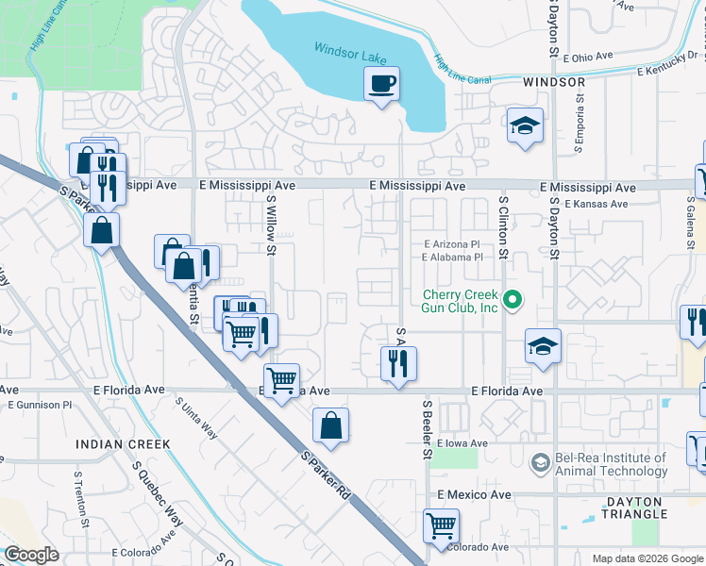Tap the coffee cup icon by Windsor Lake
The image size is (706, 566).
[x=382, y=84]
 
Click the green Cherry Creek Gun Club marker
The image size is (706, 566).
[x=513, y=301]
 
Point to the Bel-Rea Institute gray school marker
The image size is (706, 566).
[x=539, y=462]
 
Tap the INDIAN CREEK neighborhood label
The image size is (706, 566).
[x=124, y=443]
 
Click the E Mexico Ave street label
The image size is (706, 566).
[x=474, y=494]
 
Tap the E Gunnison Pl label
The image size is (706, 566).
[x=40, y=405]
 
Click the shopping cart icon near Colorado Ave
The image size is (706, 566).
[x=441, y=524]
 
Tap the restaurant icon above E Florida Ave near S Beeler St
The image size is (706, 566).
[x=398, y=362]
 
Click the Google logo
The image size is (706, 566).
[x=31, y=555]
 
